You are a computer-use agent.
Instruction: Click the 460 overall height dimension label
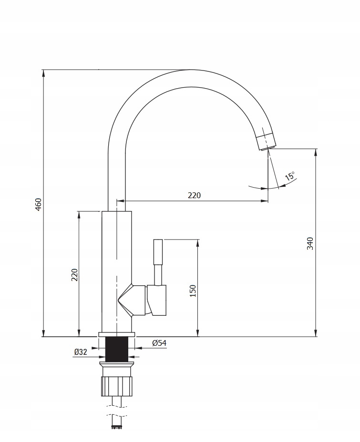click(39, 204)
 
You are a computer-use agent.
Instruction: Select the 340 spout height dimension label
click(310, 243)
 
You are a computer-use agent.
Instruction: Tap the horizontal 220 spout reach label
click(195, 195)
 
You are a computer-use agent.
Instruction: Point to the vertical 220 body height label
click(74, 275)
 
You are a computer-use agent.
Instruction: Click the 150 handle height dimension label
click(193, 291)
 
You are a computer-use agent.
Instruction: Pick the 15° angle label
click(290, 176)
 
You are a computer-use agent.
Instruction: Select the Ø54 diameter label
click(159, 343)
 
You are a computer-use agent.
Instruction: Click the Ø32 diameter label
click(81, 352)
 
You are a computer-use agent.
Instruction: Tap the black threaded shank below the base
click(116, 349)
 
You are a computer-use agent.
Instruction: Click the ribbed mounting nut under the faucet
click(116, 386)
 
